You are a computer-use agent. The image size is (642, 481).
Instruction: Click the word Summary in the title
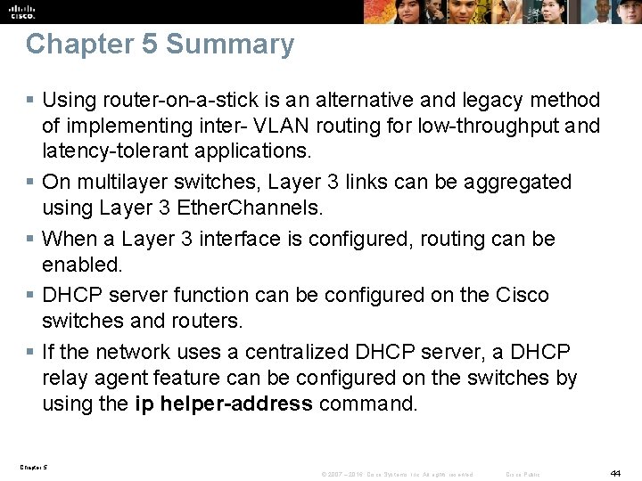pyautogui.click(x=230, y=45)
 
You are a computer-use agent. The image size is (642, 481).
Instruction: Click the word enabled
pyautogui.click(x=81, y=265)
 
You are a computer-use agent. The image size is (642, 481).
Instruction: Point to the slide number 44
pyautogui.click(x=615, y=472)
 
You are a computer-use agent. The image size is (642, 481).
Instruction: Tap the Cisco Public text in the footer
pyautogui.click(x=523, y=475)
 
